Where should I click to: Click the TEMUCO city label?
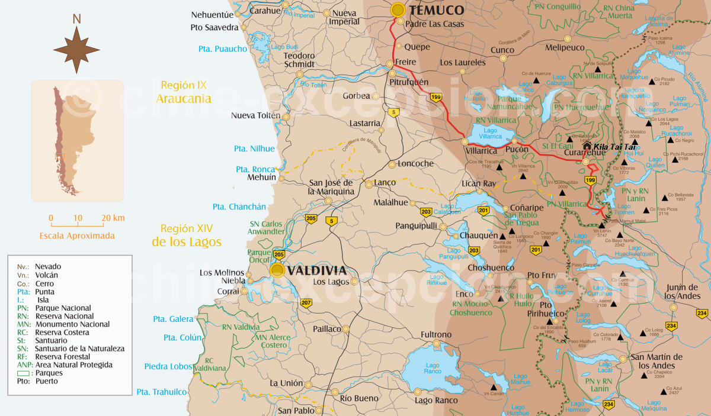(437, 10)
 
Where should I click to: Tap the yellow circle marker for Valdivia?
(277, 270)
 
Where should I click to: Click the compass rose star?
(76, 50)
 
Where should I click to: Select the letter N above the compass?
(76, 19)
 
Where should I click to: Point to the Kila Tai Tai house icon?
(587, 146)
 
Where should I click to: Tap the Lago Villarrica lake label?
(490, 133)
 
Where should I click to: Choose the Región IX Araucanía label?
(184, 92)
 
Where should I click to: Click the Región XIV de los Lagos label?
(187, 235)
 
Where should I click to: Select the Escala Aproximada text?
(77, 236)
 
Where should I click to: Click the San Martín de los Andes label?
(656, 361)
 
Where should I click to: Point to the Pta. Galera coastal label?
(173, 319)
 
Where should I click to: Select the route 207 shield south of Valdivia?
(306, 303)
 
